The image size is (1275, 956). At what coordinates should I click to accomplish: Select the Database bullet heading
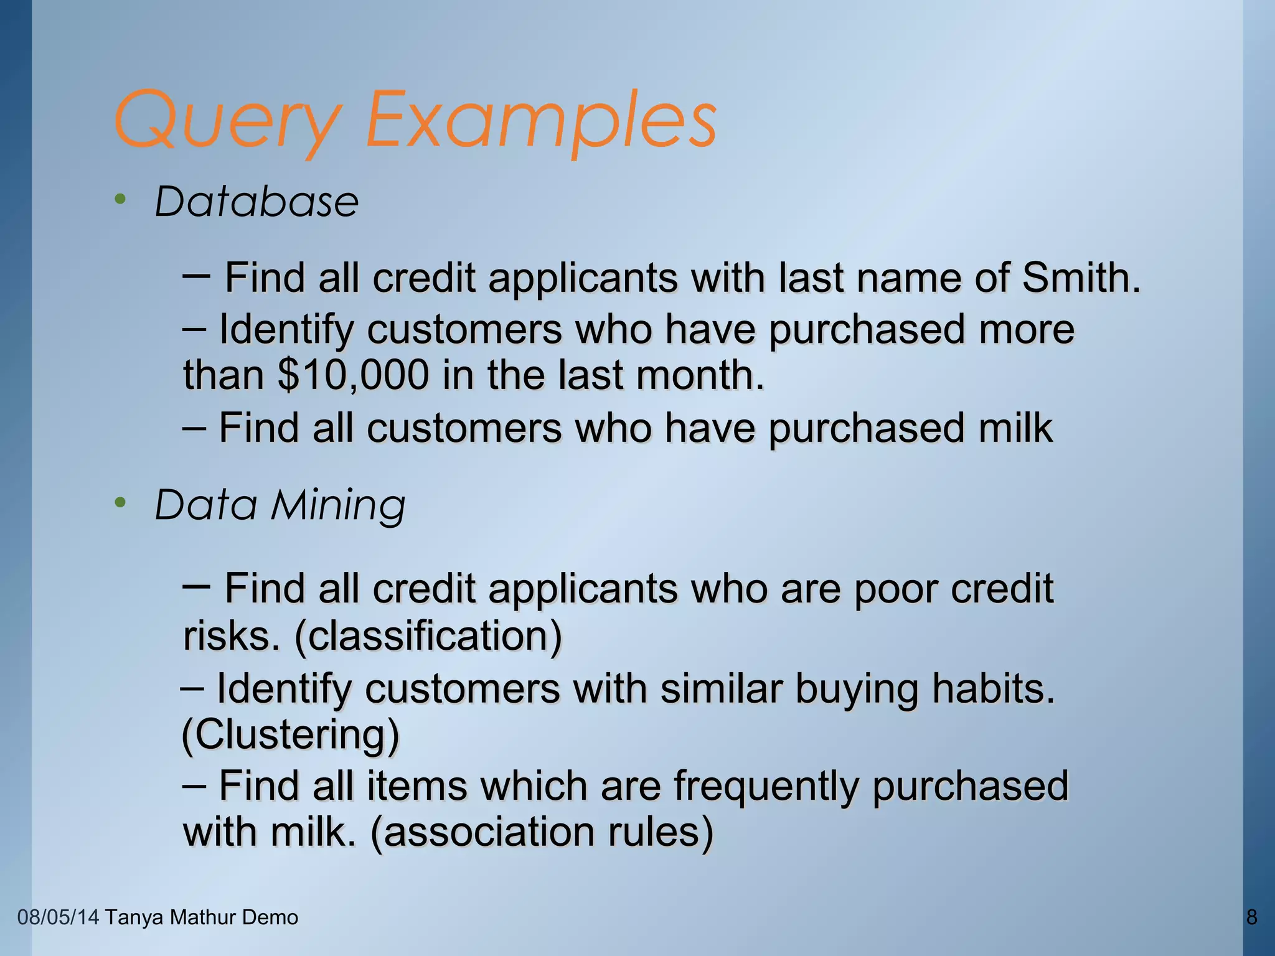coord(256,202)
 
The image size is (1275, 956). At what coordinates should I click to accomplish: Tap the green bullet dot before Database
coord(120,199)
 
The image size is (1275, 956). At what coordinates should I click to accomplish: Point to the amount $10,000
coord(354,375)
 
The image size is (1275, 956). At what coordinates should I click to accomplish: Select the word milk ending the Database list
coord(1015,428)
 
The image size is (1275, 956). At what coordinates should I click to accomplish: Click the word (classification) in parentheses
coord(428,636)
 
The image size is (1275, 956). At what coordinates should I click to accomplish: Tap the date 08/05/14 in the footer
coord(58,917)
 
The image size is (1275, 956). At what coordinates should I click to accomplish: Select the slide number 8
coord(1252,917)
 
